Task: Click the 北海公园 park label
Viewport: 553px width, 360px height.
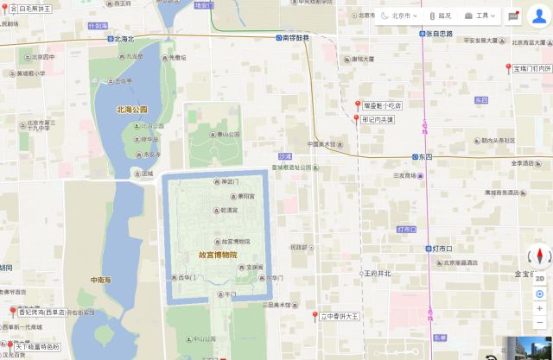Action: pyautogui.click(x=132, y=110)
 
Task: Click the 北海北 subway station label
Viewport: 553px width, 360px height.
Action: pyautogui.click(x=124, y=39)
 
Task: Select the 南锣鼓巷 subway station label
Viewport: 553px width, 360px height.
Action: pyautogui.click(x=295, y=39)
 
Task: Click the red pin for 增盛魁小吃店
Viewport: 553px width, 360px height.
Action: pyautogui.click(x=358, y=105)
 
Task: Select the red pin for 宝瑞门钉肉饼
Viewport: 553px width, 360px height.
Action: pyautogui.click(x=507, y=67)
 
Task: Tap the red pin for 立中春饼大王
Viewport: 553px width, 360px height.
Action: pyautogui.click(x=315, y=316)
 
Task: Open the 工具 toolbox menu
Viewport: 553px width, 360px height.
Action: pyautogui.click(x=482, y=16)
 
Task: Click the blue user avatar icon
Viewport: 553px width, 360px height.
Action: pyautogui.click(x=539, y=16)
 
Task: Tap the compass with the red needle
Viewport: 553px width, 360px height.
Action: pyautogui.click(x=539, y=256)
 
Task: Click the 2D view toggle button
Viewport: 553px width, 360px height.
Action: pyautogui.click(x=539, y=278)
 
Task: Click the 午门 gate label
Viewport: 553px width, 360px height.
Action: pyautogui.click(x=228, y=294)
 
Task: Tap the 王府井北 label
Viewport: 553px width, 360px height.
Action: pyautogui.click(x=377, y=274)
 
